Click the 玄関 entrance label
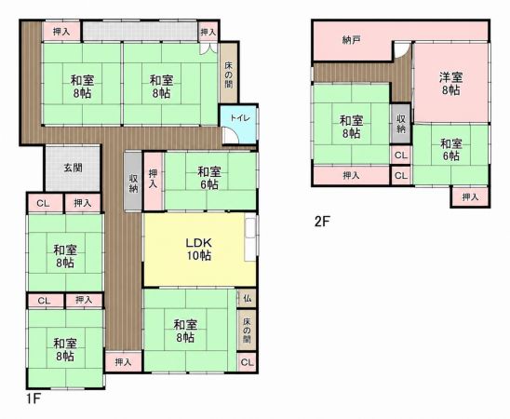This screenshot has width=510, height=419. pyautogui.click(x=73, y=169)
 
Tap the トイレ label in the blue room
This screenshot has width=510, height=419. pyautogui.click(x=240, y=117)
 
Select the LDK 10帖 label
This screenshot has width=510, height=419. pyautogui.click(x=199, y=250)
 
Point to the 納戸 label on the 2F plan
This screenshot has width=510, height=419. pyautogui.click(x=351, y=40)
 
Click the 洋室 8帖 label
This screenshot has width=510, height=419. pyautogui.click(x=450, y=84)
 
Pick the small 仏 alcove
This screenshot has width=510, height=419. pyautogui.click(x=248, y=298)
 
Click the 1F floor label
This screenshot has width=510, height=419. pyautogui.click(x=34, y=399)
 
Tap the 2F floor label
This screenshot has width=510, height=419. pyautogui.click(x=322, y=222)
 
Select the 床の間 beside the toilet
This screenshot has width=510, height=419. pyautogui.click(x=229, y=74)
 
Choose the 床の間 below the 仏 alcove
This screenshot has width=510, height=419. pyautogui.click(x=247, y=331)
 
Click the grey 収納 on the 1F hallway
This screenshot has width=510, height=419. pyautogui.click(x=133, y=182)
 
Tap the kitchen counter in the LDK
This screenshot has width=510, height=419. pyautogui.click(x=250, y=238)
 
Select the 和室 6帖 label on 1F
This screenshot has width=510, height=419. pyautogui.click(x=209, y=178)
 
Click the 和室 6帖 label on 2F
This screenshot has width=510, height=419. pyautogui.click(x=451, y=150)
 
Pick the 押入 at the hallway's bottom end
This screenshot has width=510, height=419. pyautogui.click(x=123, y=362)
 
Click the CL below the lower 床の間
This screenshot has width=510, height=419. pyautogui.click(x=248, y=362)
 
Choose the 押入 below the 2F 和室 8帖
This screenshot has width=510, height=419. pyautogui.click(x=351, y=176)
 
